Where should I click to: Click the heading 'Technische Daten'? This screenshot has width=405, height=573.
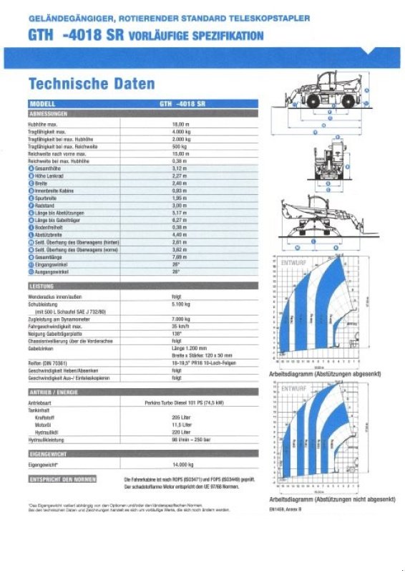[91, 84]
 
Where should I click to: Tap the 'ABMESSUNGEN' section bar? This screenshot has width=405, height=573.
[49, 114]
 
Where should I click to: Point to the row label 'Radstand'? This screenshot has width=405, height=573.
[45, 206]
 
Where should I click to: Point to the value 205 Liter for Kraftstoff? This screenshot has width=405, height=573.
[182, 417]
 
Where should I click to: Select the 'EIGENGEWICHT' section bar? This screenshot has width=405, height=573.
[49, 454]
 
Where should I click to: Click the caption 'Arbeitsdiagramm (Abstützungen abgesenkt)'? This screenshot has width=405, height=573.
[325, 375]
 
